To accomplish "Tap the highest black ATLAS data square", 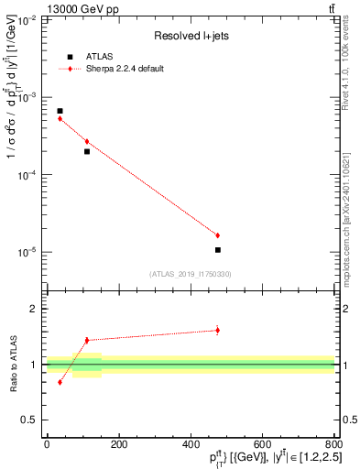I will [x=60, y=111].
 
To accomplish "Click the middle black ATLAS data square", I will [x=87, y=151].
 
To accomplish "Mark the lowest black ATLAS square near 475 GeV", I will [x=217, y=249].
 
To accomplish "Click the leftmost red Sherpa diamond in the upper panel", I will [x=60, y=119].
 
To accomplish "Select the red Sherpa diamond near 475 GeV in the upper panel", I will [x=217, y=235].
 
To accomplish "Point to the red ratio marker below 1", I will [x=60, y=382].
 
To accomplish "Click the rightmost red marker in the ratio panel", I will [x=217, y=330].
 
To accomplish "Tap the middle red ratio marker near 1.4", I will [x=87, y=340].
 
